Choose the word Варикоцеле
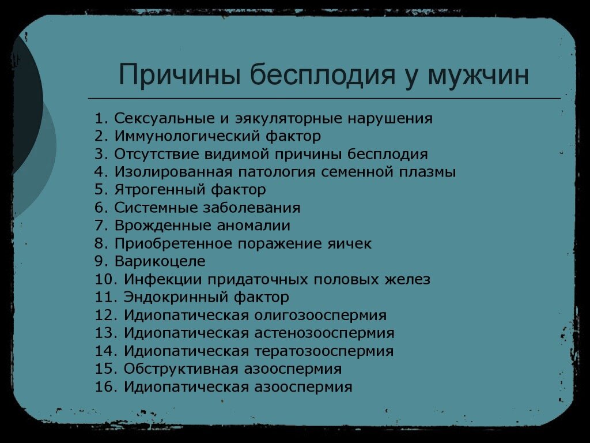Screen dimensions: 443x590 click(x=160, y=261)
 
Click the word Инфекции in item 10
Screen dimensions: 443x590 click(x=162, y=280)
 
